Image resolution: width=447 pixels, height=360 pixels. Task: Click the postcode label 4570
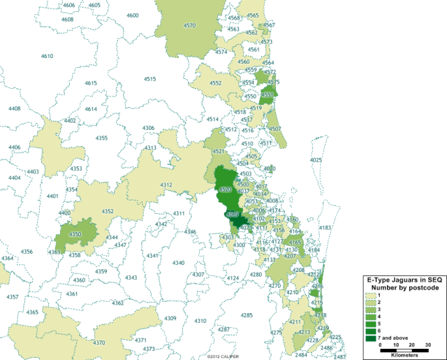(x=189, y=25)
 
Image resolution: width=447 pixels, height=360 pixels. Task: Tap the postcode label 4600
(x=132, y=15)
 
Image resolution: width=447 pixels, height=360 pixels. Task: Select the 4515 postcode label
(x=149, y=79)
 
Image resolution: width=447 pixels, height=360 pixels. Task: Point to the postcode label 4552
(x=215, y=83)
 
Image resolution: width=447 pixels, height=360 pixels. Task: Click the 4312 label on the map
(x=166, y=185)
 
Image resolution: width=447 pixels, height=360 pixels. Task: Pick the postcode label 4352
(x=108, y=211)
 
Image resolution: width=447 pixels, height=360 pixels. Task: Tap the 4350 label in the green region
(x=75, y=234)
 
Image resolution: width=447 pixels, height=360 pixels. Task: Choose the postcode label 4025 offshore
(x=316, y=160)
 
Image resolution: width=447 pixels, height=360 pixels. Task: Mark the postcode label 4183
(x=325, y=228)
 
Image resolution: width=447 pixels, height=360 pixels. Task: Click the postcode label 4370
(x=99, y=343)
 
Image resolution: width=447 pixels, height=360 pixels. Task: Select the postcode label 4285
(x=247, y=315)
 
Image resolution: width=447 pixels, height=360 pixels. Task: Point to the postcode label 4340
(x=178, y=263)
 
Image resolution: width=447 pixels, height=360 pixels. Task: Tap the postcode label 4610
(x=47, y=56)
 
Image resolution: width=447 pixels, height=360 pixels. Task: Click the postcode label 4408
(x=14, y=108)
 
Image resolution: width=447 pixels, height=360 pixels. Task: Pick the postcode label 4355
(x=101, y=138)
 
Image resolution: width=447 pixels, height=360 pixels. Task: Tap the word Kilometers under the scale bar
(x=404, y=353)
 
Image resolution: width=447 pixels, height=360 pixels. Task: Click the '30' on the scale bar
(x=428, y=345)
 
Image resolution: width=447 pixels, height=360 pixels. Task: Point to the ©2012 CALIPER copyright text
(x=223, y=356)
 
